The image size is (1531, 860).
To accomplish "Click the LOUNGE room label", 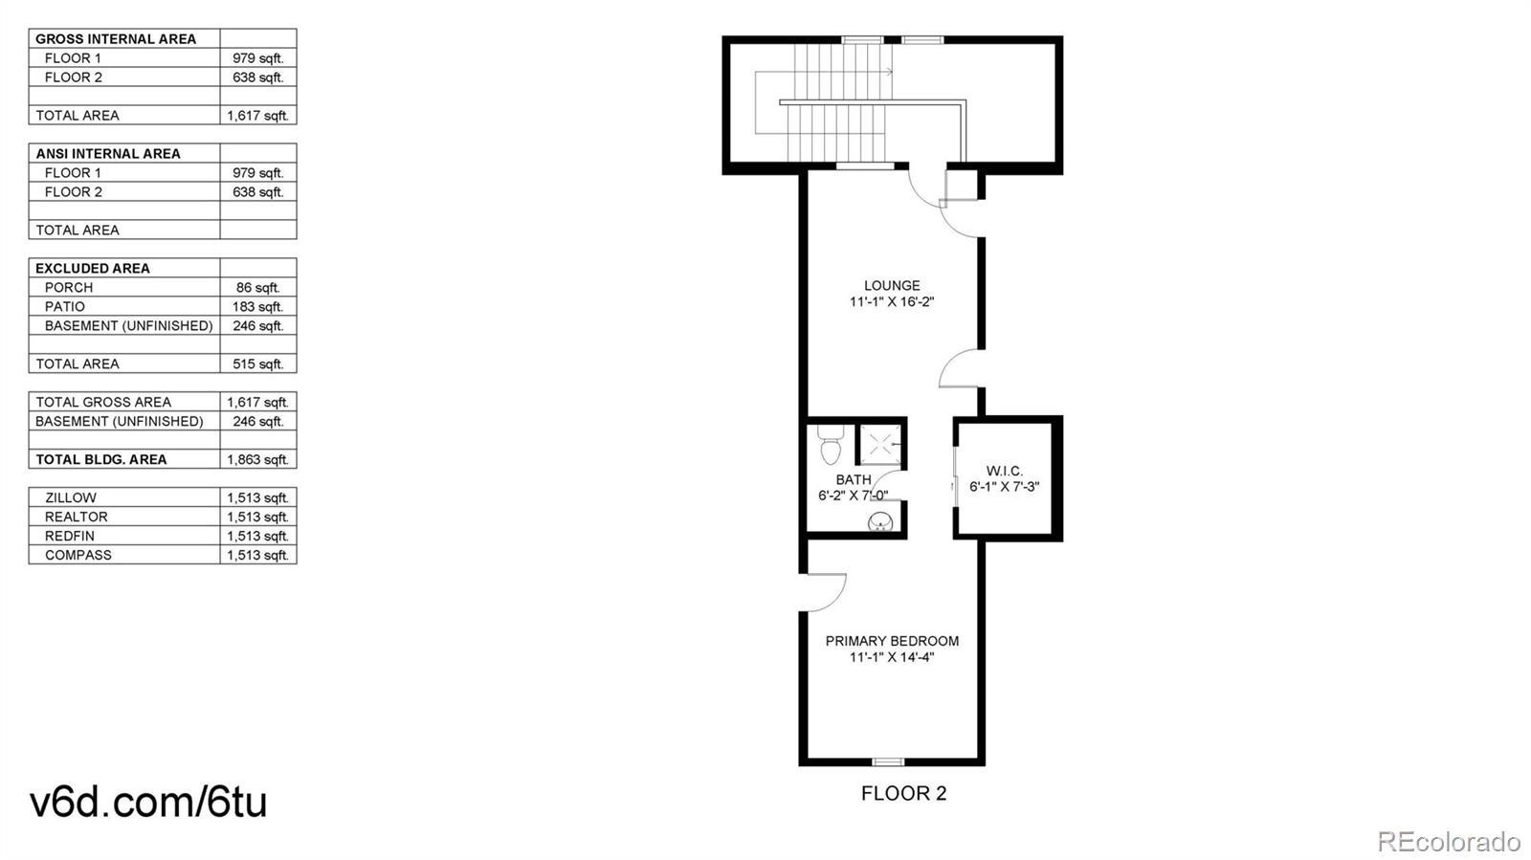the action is [892, 285].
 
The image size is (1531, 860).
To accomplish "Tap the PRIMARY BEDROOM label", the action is [892, 641].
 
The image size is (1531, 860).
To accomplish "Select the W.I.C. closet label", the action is [1005, 472].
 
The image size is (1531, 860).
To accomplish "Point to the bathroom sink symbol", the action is [880, 522].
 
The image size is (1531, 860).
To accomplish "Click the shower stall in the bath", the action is [879, 446].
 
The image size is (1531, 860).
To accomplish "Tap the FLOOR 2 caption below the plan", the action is [903, 793].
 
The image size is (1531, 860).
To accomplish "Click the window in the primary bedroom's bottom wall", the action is [889, 761].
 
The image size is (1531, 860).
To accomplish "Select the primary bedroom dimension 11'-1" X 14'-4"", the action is [892, 657].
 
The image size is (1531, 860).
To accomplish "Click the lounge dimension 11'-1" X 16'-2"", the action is [892, 302].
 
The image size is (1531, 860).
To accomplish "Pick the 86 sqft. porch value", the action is [258, 288].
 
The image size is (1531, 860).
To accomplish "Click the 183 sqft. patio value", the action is [257, 307].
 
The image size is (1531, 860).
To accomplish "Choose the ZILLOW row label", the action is [71, 498].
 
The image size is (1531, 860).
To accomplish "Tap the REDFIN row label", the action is [70, 537].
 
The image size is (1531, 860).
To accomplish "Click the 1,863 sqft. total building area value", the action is [257, 460].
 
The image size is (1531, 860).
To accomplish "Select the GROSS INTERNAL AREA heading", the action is [116, 39].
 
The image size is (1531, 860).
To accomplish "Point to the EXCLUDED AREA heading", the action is [92, 269].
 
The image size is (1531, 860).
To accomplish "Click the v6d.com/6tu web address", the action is [148, 802].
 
